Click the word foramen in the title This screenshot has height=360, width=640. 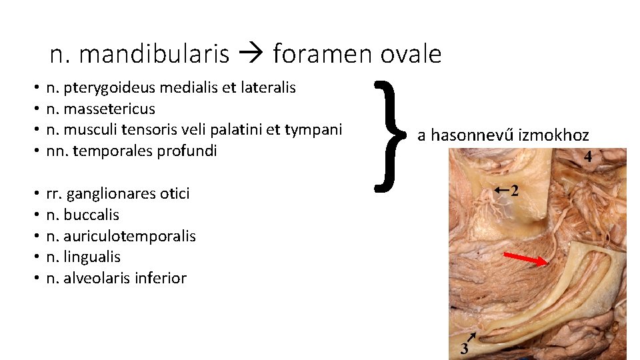coord(319,54)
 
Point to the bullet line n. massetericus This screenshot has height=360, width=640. coord(101,108)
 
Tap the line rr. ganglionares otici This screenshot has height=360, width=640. coord(118,193)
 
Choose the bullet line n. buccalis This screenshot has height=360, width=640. coord(83,215)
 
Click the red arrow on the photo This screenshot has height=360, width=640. coord(527,259)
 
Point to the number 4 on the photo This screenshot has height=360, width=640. coord(588,157)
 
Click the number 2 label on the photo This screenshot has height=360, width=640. coord(514,192)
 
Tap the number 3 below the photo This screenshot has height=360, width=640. coord(465,349)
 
